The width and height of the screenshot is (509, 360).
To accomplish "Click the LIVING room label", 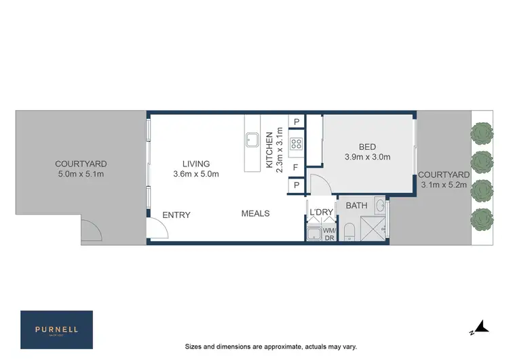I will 195,164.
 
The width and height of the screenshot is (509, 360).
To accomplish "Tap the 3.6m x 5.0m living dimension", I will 195,174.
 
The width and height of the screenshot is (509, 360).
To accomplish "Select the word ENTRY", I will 176,215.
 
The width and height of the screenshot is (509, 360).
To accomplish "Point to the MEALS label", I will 255,213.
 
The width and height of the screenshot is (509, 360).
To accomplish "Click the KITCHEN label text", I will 269,150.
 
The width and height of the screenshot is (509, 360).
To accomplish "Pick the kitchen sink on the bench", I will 251,139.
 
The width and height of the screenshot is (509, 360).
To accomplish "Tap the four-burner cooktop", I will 297,143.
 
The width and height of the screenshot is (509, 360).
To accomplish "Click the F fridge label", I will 296,166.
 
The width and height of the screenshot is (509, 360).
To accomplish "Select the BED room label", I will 367,147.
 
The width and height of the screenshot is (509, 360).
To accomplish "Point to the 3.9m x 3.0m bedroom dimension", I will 367,157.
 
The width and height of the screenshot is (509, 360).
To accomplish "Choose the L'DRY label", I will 321,213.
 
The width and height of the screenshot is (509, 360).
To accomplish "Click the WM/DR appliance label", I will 328,234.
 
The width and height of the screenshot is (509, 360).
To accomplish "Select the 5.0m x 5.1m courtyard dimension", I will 81,174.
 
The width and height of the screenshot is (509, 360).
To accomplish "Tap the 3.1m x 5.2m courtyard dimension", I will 444,185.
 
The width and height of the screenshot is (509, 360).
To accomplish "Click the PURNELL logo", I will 57,329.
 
